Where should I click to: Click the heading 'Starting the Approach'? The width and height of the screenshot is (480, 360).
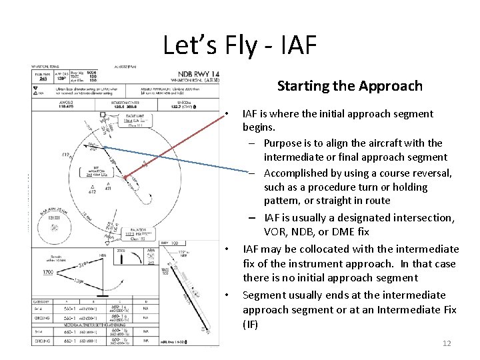tap(349, 86)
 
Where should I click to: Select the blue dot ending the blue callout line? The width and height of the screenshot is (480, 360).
tap(104, 147)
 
